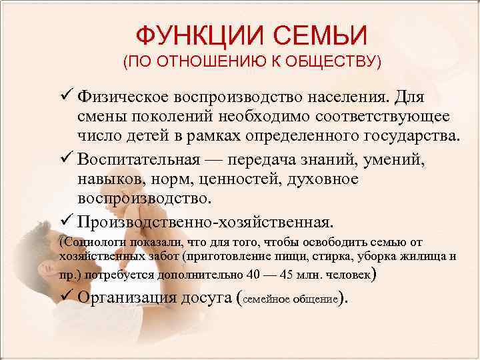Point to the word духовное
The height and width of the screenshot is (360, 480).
pos(323,179)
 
